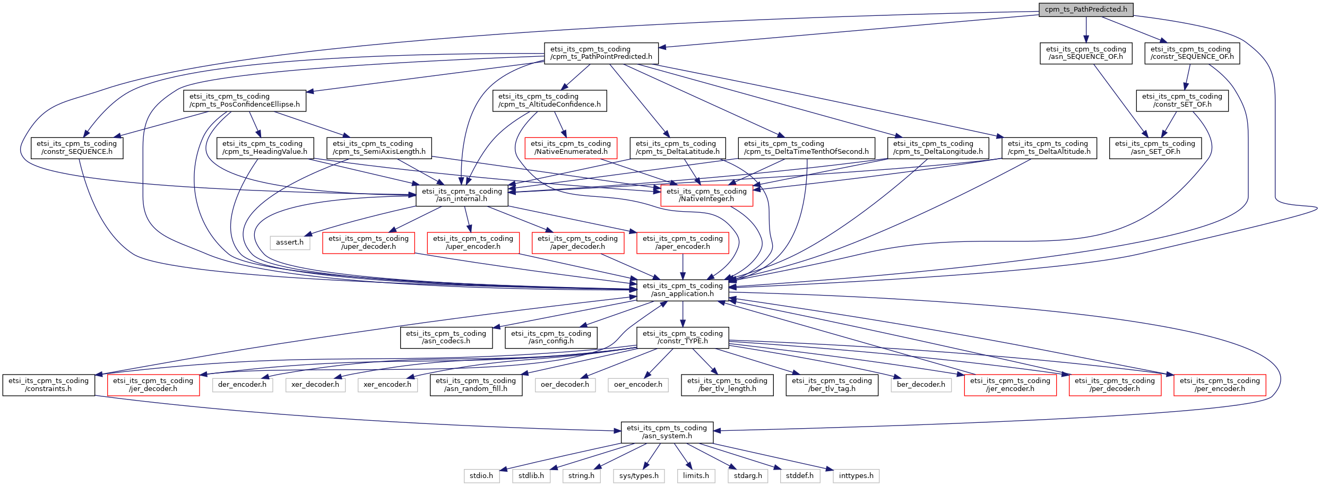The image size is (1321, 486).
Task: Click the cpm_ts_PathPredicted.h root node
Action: [1085, 10]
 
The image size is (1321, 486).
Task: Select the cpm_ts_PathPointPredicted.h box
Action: [601, 53]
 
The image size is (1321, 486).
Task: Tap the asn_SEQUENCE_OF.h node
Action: [1085, 53]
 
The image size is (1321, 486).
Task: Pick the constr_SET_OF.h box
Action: [1182, 100]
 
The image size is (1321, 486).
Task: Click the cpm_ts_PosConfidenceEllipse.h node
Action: [245, 100]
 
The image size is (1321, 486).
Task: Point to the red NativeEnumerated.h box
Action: [571, 147]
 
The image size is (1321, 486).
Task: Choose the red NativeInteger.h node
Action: [706, 195]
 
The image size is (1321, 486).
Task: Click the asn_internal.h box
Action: [462, 195]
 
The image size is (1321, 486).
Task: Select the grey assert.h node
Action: [290, 242]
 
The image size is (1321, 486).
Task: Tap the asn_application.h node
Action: [683, 290]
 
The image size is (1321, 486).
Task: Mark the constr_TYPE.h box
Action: [683, 337]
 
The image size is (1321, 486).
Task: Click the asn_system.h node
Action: [667, 432]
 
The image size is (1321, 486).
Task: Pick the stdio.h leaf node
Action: [481, 476]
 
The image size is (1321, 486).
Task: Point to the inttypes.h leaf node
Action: [856, 476]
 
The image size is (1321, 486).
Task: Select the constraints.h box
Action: [49, 385]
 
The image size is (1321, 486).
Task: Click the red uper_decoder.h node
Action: [368, 242]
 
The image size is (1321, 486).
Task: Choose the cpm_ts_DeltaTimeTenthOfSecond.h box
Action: [806, 147]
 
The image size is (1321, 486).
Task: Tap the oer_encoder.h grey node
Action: [638, 385]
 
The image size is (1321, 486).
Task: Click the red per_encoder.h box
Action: [1220, 385]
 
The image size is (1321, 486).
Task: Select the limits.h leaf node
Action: [696, 476]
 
